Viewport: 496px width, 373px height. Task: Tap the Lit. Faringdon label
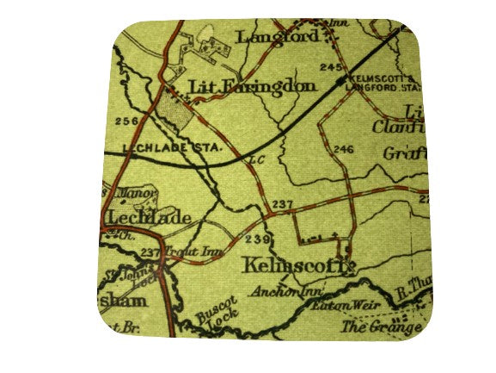click(252, 87)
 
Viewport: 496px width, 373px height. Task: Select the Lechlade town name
click(150, 217)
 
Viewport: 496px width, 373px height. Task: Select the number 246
click(343, 149)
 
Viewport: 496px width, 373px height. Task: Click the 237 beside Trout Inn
click(150, 252)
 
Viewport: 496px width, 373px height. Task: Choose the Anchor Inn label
click(280, 293)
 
